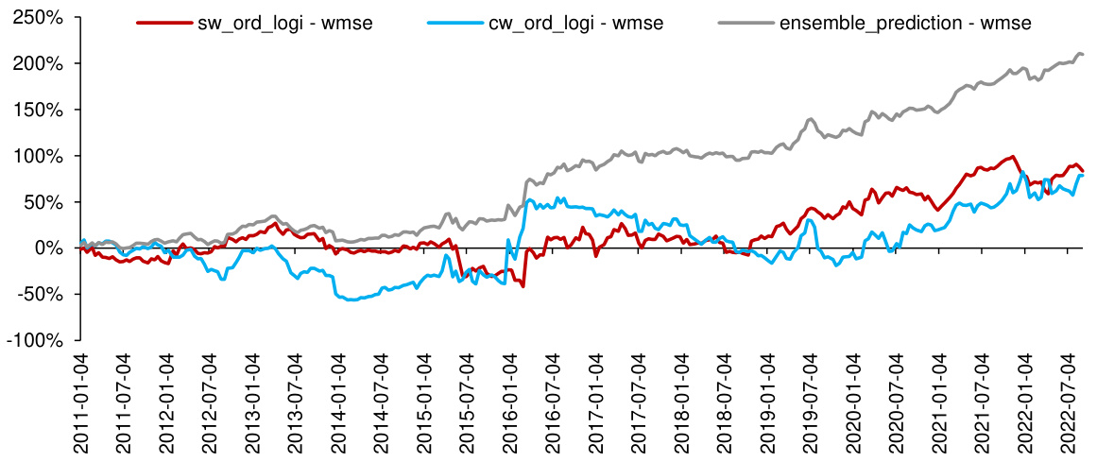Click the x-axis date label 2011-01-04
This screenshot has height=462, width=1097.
pyautogui.click(x=81, y=402)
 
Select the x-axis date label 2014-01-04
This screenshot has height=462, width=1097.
pyautogui.click(x=339, y=402)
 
